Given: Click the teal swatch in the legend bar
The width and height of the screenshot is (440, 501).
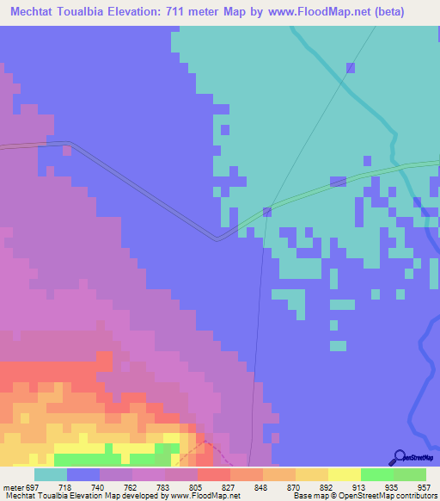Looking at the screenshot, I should pos(50,475).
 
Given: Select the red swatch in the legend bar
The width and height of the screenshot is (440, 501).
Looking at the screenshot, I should pos(213,475).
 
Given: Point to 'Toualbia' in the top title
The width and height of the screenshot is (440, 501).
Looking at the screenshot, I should pos(96,11).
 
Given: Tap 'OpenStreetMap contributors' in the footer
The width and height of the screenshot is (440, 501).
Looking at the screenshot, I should pos(382,496).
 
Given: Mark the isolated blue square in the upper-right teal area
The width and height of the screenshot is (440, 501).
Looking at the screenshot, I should pos(350,67).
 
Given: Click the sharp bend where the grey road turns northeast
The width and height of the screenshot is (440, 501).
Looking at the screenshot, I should pos(217,238).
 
